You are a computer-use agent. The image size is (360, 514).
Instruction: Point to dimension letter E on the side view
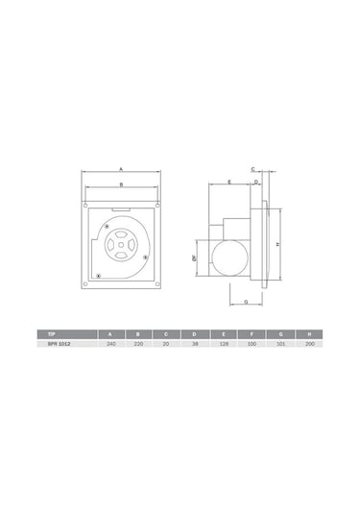pyautogui.click(x=229, y=181)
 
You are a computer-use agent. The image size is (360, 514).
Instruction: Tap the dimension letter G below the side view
pyautogui.click(x=246, y=301)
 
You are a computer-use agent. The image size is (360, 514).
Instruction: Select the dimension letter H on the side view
pyautogui.click(x=277, y=244)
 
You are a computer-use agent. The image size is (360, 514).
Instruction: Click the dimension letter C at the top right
pyautogui.click(x=252, y=168)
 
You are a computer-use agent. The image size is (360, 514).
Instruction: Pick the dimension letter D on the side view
pyautogui.click(x=256, y=181)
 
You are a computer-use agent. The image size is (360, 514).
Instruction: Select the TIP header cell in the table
pyautogui.click(x=39, y=332)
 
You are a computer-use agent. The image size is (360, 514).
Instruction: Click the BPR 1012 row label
pyautogui.click(x=47, y=342)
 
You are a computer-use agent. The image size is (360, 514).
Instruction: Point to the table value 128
pyautogui.click(x=222, y=342)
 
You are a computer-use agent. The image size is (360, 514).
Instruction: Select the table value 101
pyautogui.click(x=278, y=342)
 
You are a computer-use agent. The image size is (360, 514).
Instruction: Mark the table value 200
pyautogui.click(x=306, y=342)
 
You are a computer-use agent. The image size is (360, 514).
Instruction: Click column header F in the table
pyautogui.click(x=250, y=332)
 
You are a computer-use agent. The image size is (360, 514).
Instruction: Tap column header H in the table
pyautogui.click(x=306, y=332)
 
